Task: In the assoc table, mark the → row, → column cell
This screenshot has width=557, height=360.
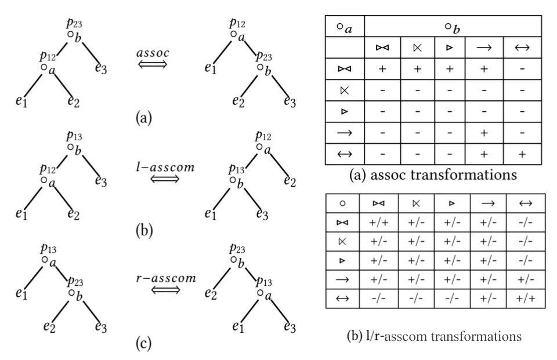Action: pyautogui.click(x=483, y=133)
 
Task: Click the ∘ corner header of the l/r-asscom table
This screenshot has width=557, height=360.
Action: pyautogui.click(x=342, y=203)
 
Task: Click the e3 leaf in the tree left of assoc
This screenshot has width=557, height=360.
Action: pyautogui.click(x=100, y=69)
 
